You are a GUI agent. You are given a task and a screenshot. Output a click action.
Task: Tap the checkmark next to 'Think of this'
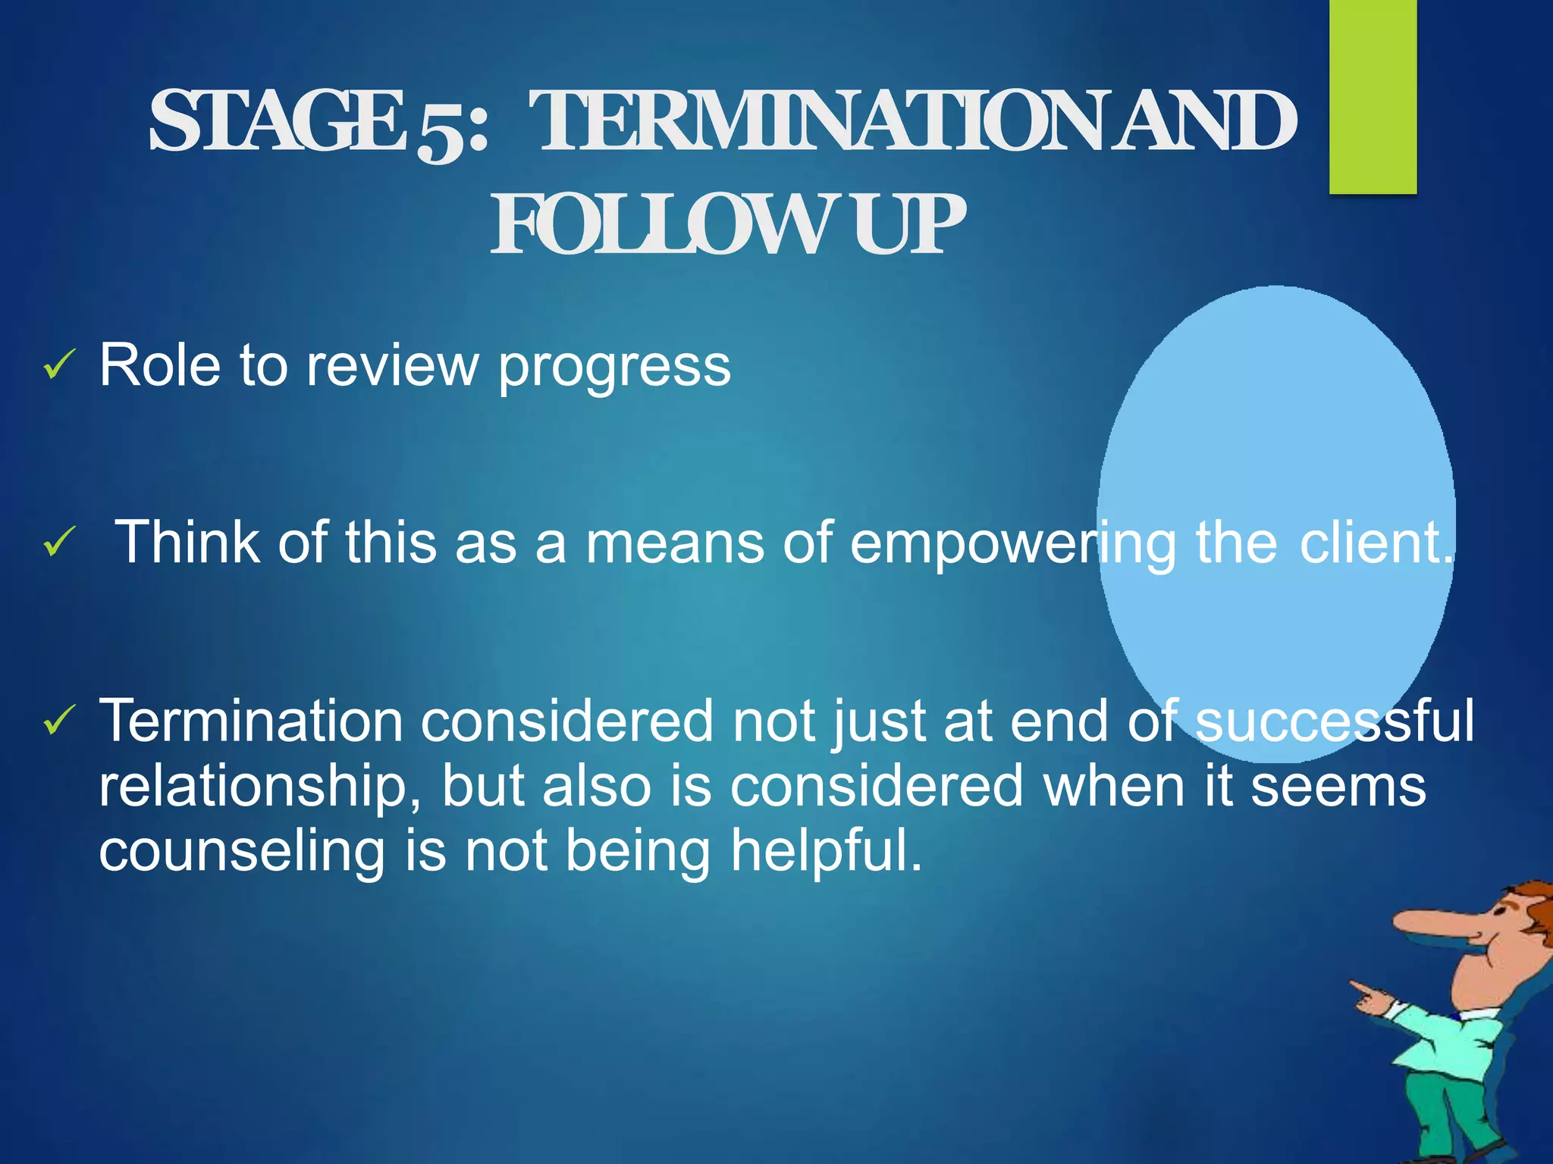pyautogui.click(x=58, y=543)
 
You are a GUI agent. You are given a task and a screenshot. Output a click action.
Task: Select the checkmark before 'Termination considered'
pyautogui.click(x=58, y=720)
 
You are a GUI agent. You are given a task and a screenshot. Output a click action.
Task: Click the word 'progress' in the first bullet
pyautogui.click(x=614, y=368)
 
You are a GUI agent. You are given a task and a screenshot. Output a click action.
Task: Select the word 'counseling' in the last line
pyautogui.click(x=242, y=852)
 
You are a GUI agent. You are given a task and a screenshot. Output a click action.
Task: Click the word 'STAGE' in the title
pyautogui.click(x=277, y=121)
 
